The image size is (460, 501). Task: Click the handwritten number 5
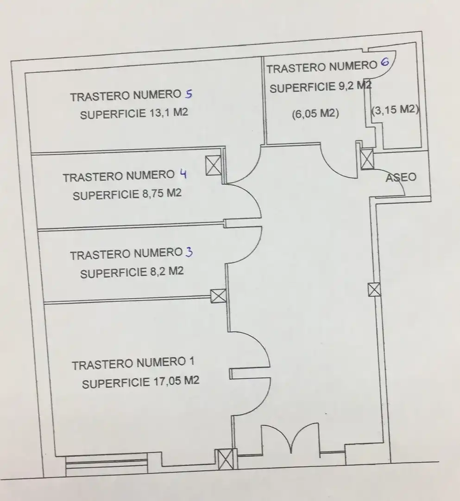pos(189,94)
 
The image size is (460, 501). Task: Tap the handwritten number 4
pos(183,174)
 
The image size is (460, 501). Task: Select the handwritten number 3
pos(189,252)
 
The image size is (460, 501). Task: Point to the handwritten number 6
pos(385,62)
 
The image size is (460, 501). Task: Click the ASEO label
pos(401,177)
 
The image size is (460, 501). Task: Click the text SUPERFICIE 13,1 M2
pos(134,114)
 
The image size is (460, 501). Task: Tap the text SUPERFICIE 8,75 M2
pos(127,194)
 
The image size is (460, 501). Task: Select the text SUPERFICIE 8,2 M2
pos(132,273)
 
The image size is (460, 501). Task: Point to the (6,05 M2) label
pos(315,114)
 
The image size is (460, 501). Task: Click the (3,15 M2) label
pos(395,109)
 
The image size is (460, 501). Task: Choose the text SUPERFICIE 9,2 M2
pos(321,87)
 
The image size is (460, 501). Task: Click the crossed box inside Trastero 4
pos(214,165)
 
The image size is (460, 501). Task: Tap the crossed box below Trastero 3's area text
pos(219,296)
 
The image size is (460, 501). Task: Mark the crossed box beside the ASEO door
pos(367,159)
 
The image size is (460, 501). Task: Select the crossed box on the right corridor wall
pos(374,290)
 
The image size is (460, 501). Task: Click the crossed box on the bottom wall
pos(226,459)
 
